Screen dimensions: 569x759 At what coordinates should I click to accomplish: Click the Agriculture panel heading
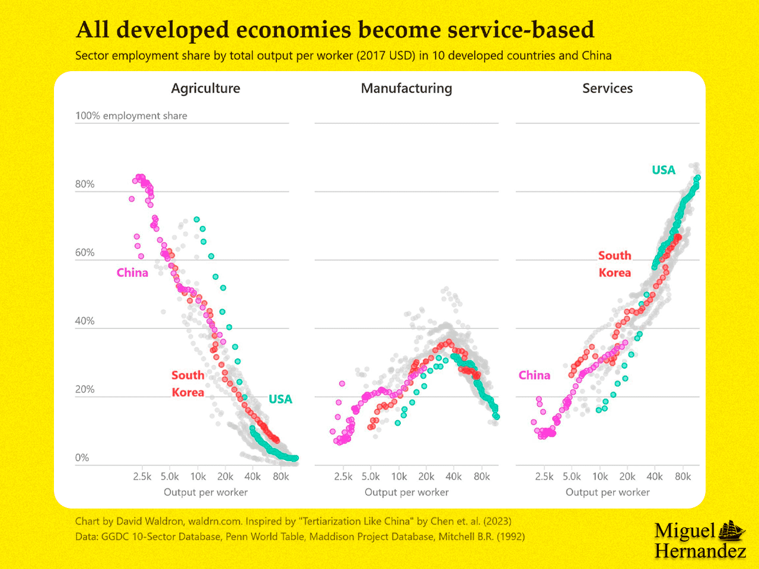pyautogui.click(x=206, y=88)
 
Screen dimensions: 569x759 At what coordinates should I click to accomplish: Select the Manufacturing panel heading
pyautogui.click(x=406, y=88)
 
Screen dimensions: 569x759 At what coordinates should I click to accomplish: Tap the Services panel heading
pyautogui.click(x=607, y=88)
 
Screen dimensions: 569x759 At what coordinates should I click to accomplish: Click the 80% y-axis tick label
pyautogui.click(x=85, y=184)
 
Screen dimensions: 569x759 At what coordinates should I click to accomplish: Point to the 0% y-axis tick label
pyautogui.click(x=82, y=458)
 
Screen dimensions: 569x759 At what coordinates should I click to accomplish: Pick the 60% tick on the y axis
pyautogui.click(x=85, y=252)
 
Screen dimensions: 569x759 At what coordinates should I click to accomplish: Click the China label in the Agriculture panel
pyautogui.click(x=132, y=273)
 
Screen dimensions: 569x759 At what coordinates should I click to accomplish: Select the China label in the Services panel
pyautogui.click(x=534, y=375)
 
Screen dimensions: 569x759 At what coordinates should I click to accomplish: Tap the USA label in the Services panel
pyautogui.click(x=664, y=170)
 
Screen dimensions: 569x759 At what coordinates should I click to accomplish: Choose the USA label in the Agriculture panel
pyautogui.click(x=280, y=399)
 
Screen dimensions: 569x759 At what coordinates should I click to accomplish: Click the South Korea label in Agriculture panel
pyautogui.click(x=188, y=383)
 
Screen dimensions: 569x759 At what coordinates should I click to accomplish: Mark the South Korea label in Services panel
pyautogui.click(x=614, y=264)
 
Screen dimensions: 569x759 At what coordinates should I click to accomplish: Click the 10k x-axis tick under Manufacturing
pyautogui.click(x=399, y=477)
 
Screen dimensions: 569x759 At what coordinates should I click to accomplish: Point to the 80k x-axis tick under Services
pyautogui.click(x=683, y=477)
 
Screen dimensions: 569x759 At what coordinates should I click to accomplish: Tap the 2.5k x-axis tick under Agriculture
pyautogui.click(x=142, y=477)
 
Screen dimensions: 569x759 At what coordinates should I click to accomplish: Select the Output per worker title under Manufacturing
pyautogui.click(x=406, y=492)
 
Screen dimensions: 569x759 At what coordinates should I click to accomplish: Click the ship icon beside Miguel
pyautogui.click(x=732, y=530)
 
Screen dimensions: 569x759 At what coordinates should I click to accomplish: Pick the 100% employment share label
pyautogui.click(x=131, y=116)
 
